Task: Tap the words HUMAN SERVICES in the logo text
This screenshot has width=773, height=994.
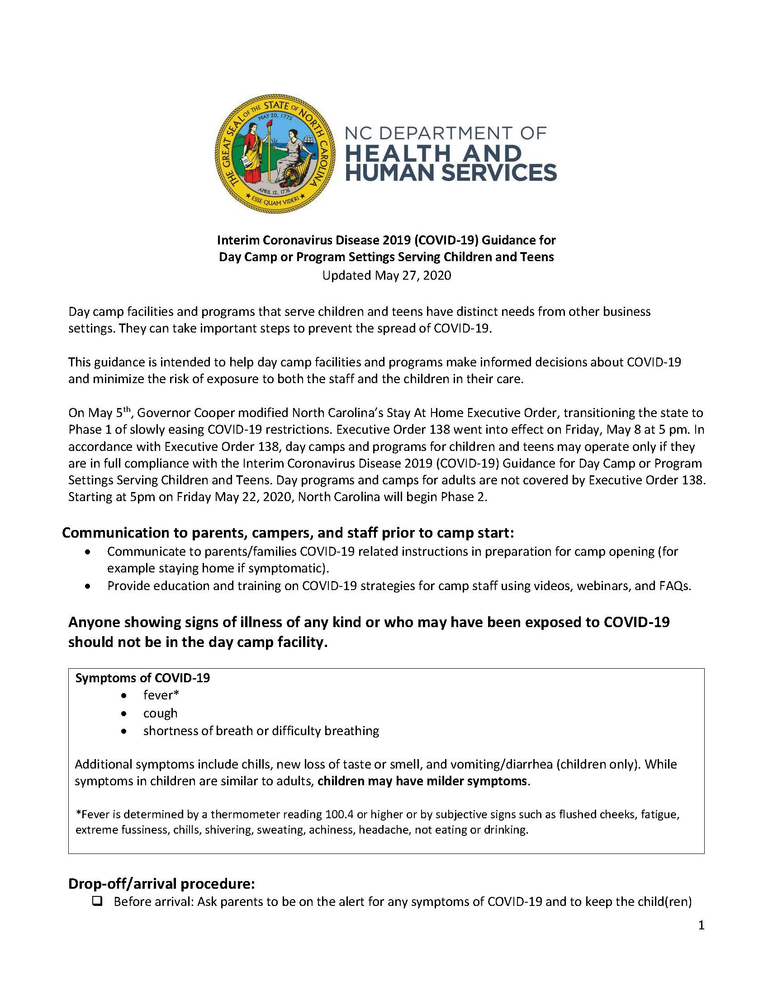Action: (x=451, y=173)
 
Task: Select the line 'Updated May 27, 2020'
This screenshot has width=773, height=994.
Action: (x=386, y=275)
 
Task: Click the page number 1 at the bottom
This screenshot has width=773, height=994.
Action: (x=701, y=925)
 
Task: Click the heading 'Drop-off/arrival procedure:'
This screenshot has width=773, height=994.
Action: (x=161, y=883)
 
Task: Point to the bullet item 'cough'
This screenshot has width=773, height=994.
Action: (x=160, y=713)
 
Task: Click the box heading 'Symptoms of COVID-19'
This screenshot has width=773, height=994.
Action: (x=142, y=678)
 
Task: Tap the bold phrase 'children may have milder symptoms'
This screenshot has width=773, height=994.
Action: (x=422, y=781)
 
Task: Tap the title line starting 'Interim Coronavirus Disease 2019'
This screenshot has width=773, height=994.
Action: (x=386, y=239)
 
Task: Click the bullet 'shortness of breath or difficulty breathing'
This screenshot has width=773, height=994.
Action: (x=261, y=731)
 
